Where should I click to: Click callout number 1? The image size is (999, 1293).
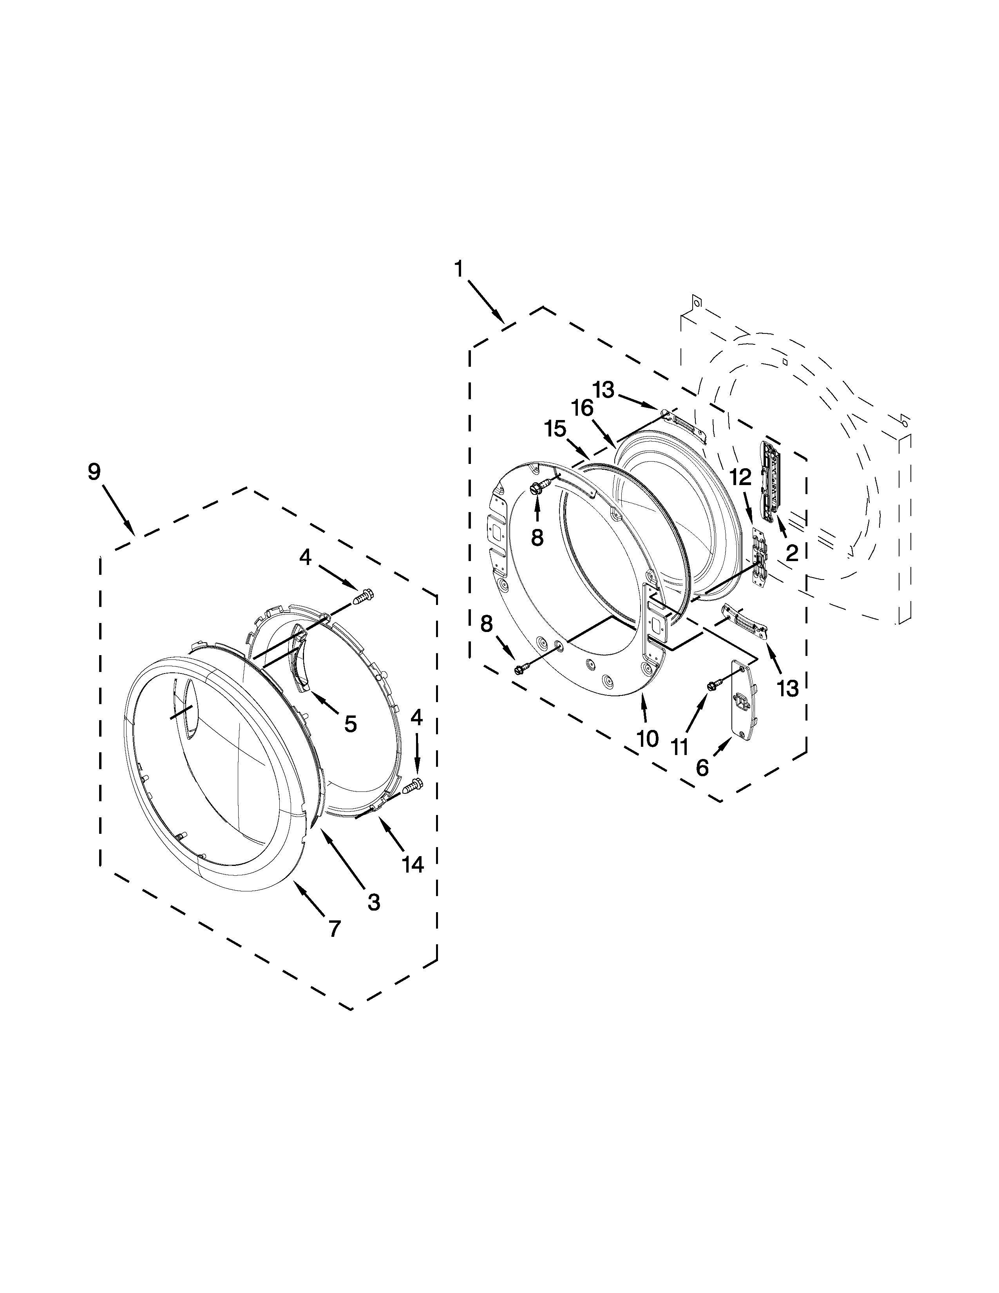tap(459, 270)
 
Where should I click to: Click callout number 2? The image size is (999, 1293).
tap(792, 552)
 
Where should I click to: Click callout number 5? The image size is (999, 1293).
tap(350, 723)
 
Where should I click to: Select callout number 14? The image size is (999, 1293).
tap(413, 865)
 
